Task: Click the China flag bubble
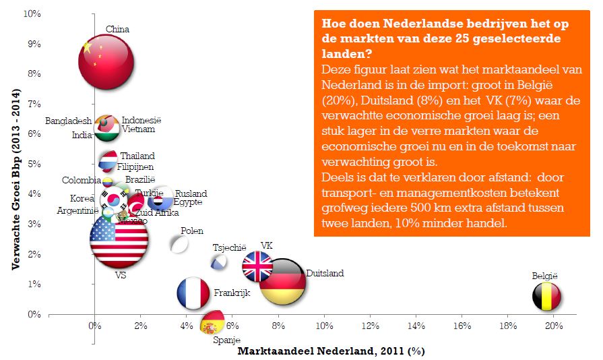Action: click(x=105, y=61)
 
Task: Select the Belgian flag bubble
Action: click(x=547, y=297)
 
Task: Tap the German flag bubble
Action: click(x=282, y=282)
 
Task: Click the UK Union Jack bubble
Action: click(x=257, y=266)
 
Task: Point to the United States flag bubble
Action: click(x=119, y=241)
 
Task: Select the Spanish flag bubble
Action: click(x=213, y=322)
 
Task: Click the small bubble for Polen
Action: click(x=179, y=244)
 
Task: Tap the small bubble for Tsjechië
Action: click(x=219, y=262)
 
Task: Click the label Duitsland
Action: click(x=325, y=274)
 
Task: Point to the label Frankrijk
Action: click(x=232, y=293)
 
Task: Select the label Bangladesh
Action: click(x=69, y=121)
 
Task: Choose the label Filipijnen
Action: click(x=135, y=167)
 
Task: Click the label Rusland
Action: click(x=191, y=194)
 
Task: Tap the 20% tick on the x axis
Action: click(x=554, y=326)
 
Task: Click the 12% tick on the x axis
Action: click(x=370, y=326)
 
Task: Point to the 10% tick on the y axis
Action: click(x=31, y=14)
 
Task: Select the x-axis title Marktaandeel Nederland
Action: click(x=331, y=351)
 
